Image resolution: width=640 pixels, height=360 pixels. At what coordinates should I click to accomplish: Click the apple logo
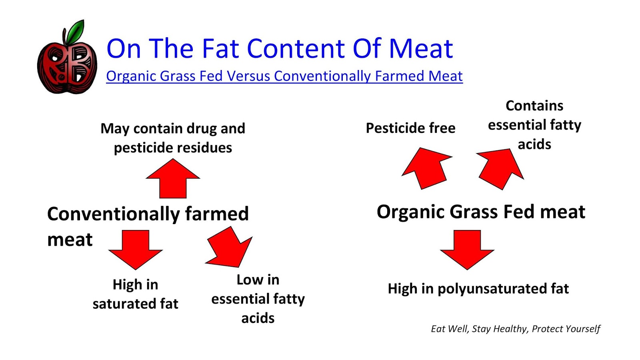pyautogui.click(x=67, y=64)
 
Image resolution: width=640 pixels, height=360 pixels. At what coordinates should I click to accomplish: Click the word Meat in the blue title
pyautogui.click(x=421, y=49)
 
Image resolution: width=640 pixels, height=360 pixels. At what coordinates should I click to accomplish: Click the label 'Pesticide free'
pyautogui.click(x=410, y=128)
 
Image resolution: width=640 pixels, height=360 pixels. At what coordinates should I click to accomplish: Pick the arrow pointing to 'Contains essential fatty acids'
pyautogui.click(x=500, y=168)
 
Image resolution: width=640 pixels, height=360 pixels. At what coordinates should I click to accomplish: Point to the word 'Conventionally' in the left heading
pyautogui.click(x=113, y=214)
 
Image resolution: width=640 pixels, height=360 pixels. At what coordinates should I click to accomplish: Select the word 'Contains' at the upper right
pyautogui.click(x=534, y=106)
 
